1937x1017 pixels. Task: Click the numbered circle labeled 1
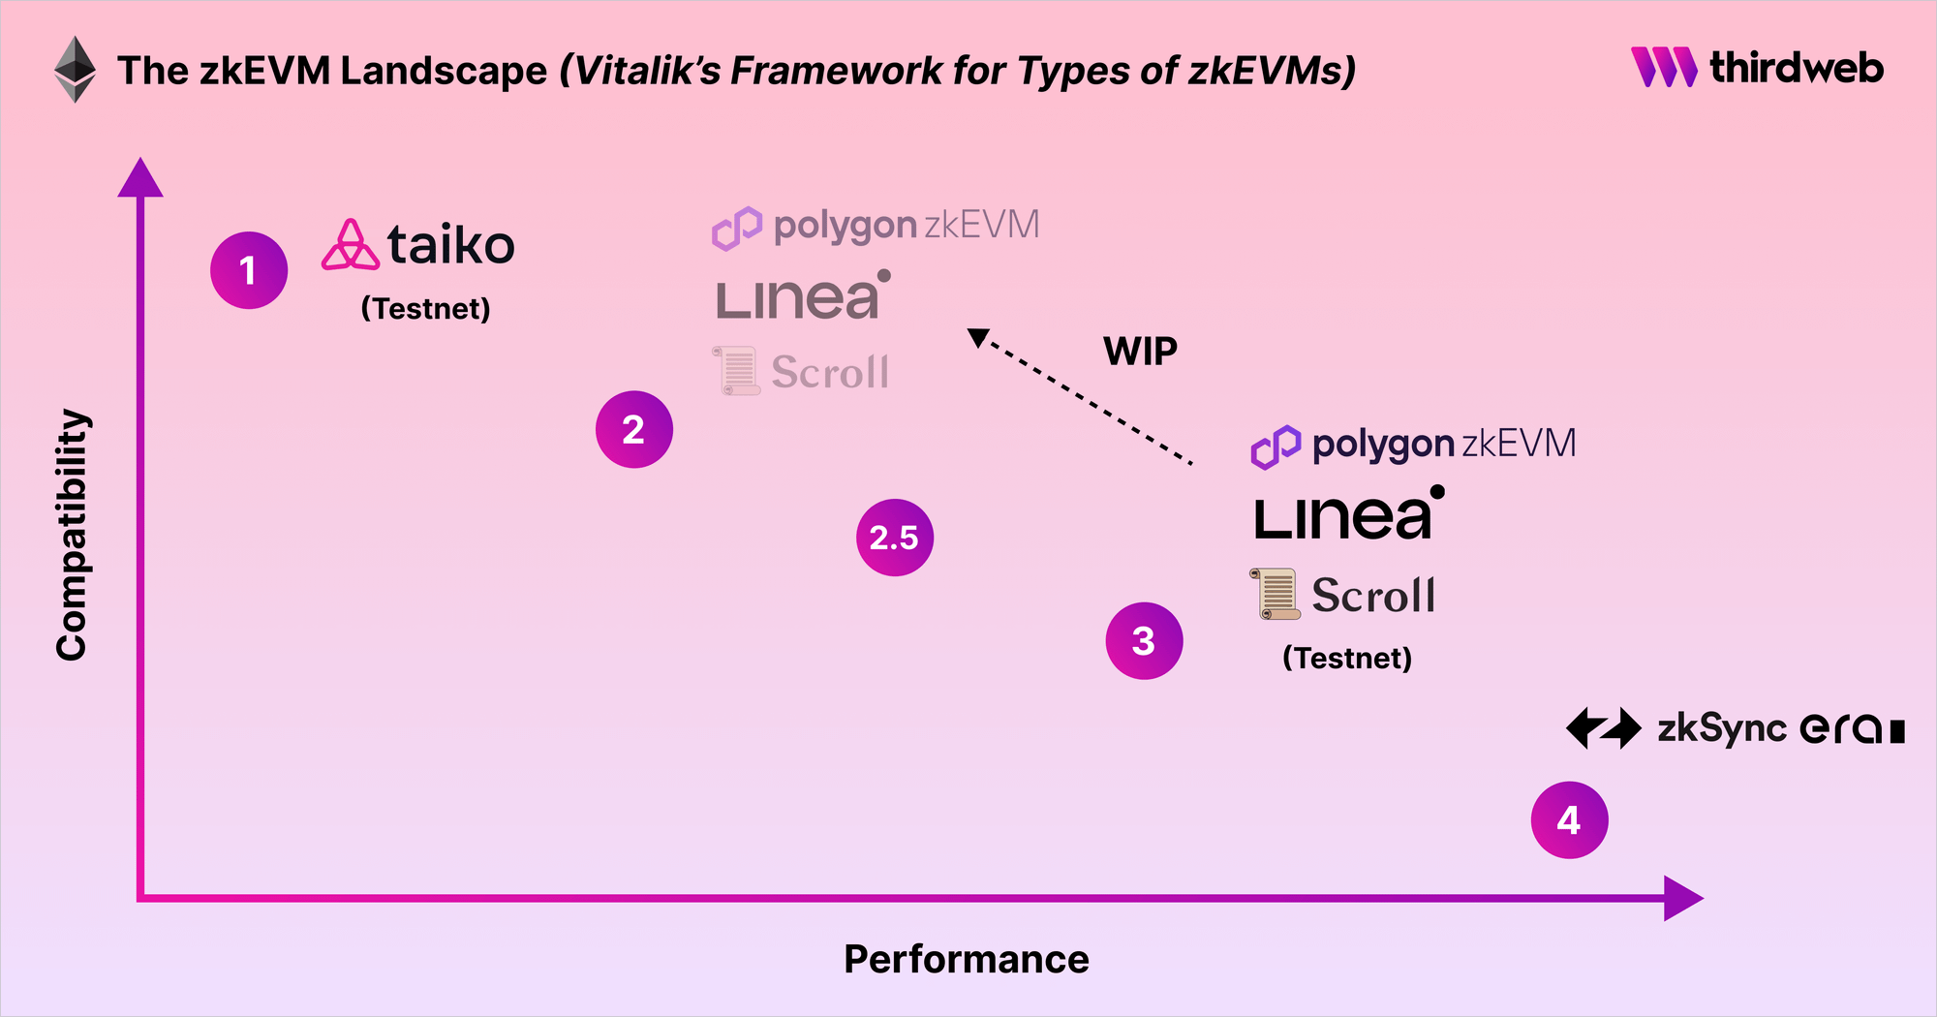pyautogui.click(x=249, y=270)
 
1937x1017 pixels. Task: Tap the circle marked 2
pyautogui.click(x=634, y=429)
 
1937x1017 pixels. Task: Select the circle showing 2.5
pyautogui.click(x=895, y=538)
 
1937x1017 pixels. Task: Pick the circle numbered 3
pyautogui.click(x=1144, y=641)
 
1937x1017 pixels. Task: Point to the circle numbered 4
pyautogui.click(x=1569, y=820)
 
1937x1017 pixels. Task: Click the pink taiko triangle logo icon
pyautogui.click(x=350, y=245)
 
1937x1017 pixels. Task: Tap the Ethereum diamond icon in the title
pyautogui.click(x=75, y=70)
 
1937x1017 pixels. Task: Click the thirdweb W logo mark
pyautogui.click(x=1664, y=67)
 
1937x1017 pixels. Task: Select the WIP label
pyautogui.click(x=1140, y=352)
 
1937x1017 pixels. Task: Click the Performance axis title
pyautogui.click(x=967, y=959)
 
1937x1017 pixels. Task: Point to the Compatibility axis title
pyautogui.click(x=73, y=535)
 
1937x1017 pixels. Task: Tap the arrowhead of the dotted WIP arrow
pyautogui.click(x=978, y=337)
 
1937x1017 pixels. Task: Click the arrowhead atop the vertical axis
pyautogui.click(x=140, y=178)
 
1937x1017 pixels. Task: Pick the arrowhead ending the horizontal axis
pyautogui.click(x=1682, y=898)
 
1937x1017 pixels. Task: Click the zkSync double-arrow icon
pyautogui.click(x=1604, y=728)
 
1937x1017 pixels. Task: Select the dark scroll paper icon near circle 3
pyautogui.click(x=1276, y=594)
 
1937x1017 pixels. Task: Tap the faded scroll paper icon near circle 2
pyautogui.click(x=737, y=371)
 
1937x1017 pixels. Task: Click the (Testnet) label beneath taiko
pyautogui.click(x=425, y=309)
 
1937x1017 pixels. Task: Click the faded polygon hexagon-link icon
pyautogui.click(x=737, y=229)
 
